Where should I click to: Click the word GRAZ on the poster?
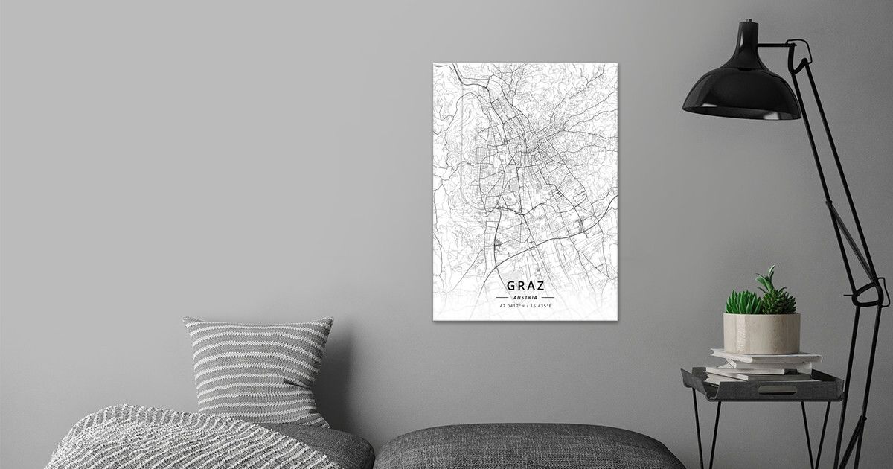[525, 285]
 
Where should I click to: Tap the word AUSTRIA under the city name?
[525, 297]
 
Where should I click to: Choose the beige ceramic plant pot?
[761, 333]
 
